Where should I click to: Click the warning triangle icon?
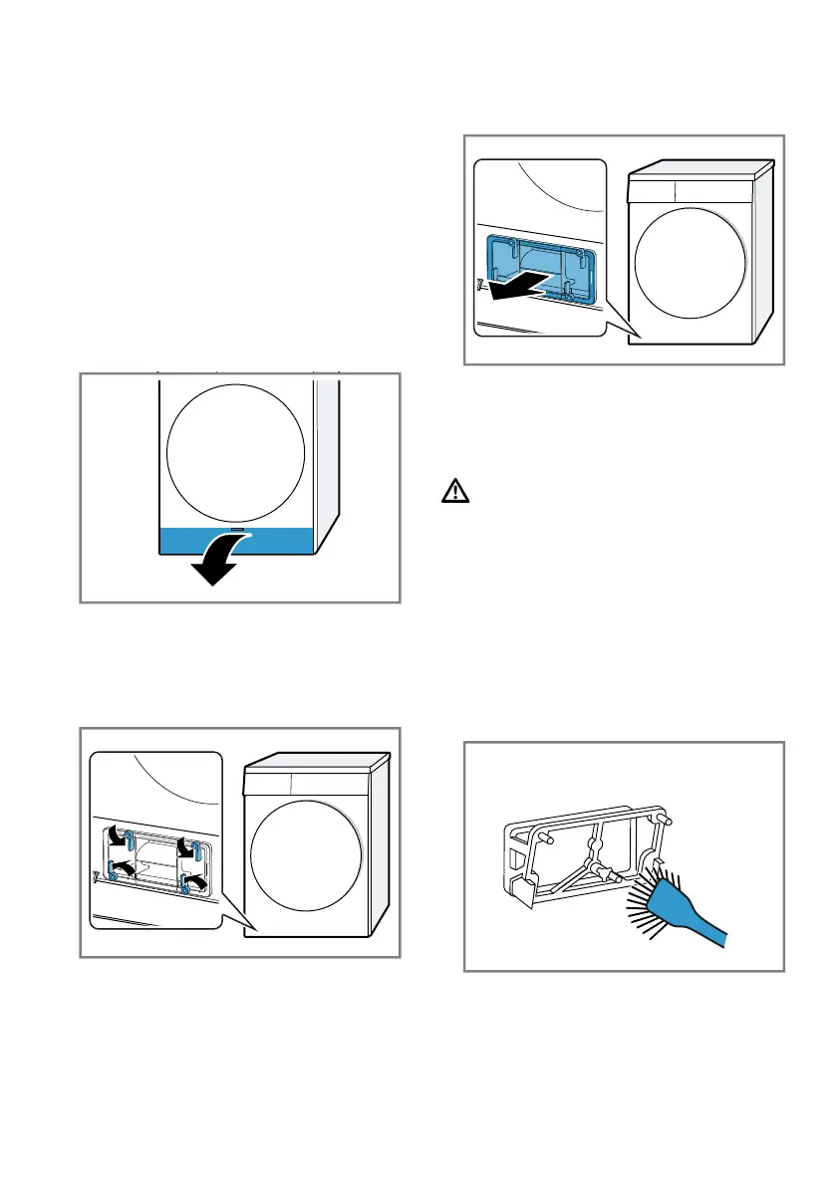coord(453,491)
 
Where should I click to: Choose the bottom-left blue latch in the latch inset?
coord(113,877)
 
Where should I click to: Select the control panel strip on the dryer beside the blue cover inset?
coord(697,189)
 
